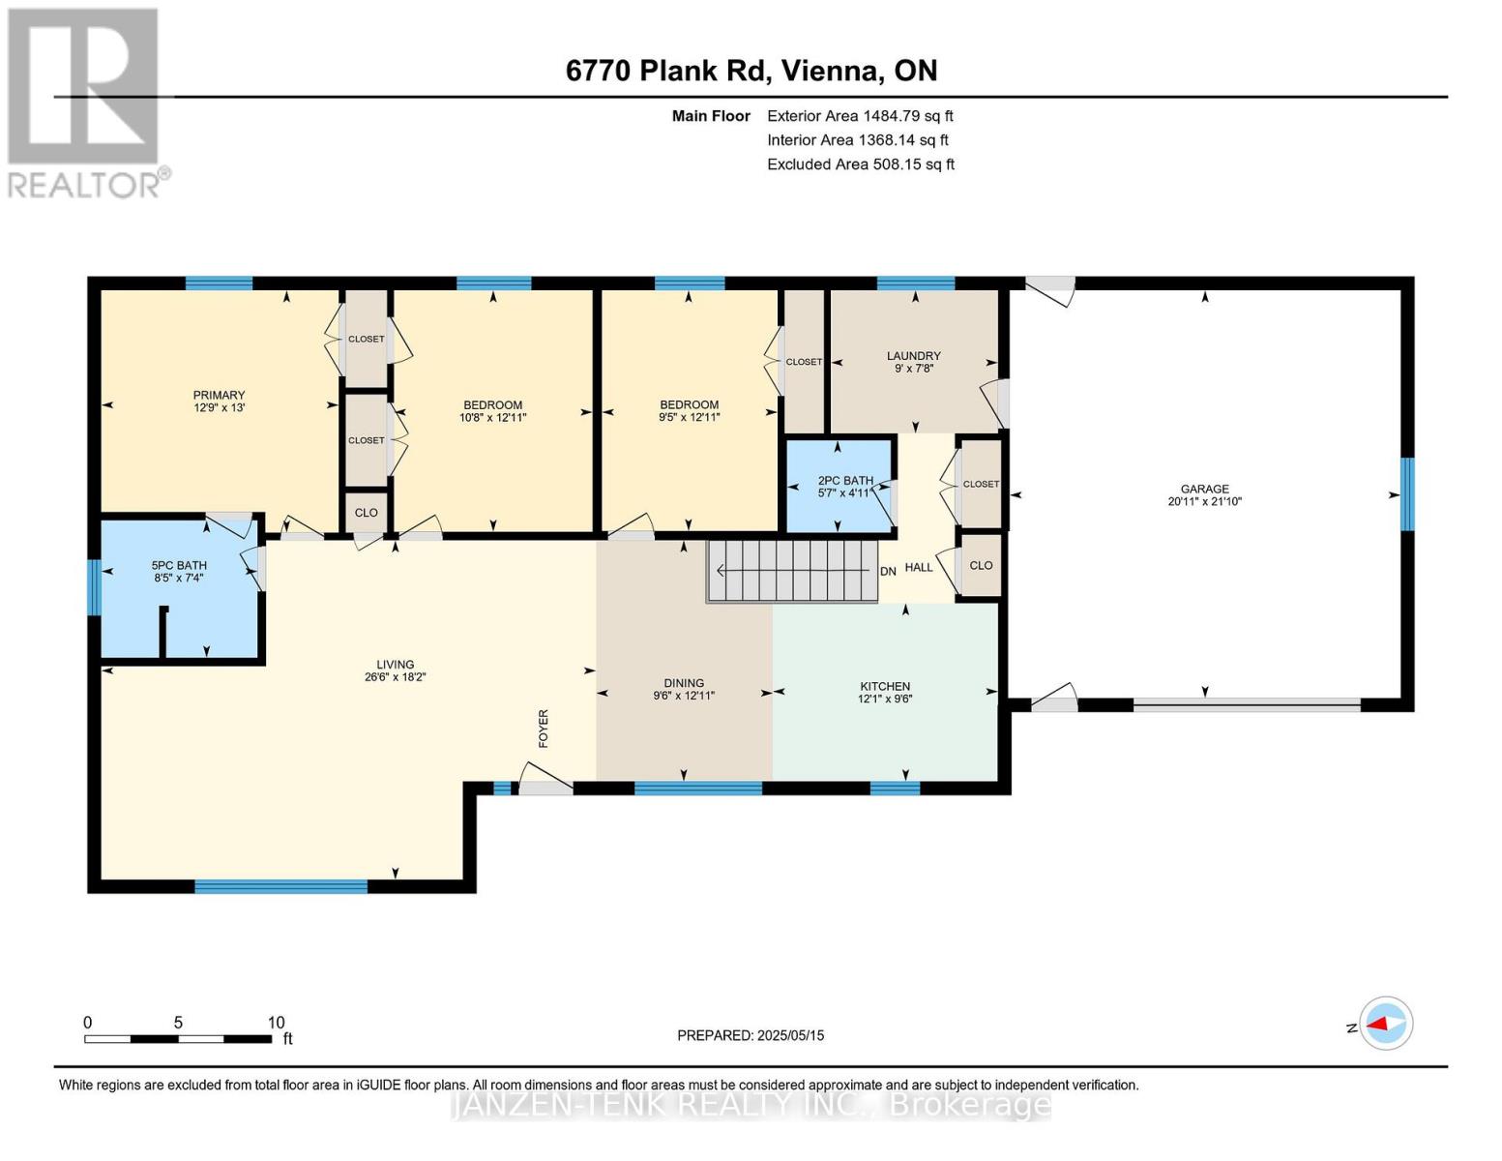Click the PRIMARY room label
(x=219, y=395)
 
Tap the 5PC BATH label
(x=179, y=565)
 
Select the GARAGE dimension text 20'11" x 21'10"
(x=1204, y=502)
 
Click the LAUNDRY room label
(x=913, y=356)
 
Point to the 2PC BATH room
(x=839, y=486)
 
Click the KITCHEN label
(x=885, y=686)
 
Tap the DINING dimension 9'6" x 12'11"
(x=684, y=696)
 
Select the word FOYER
(x=544, y=729)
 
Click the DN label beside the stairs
(x=888, y=572)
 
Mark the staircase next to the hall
(x=793, y=572)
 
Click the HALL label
(x=919, y=567)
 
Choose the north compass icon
(x=1386, y=1023)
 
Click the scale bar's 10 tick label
(x=277, y=1023)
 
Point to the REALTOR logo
(x=85, y=102)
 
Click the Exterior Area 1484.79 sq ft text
(x=860, y=116)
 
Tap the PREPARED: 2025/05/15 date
(x=751, y=1035)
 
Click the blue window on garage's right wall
(x=1407, y=493)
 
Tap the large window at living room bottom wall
(x=280, y=886)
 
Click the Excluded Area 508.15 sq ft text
(x=861, y=164)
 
